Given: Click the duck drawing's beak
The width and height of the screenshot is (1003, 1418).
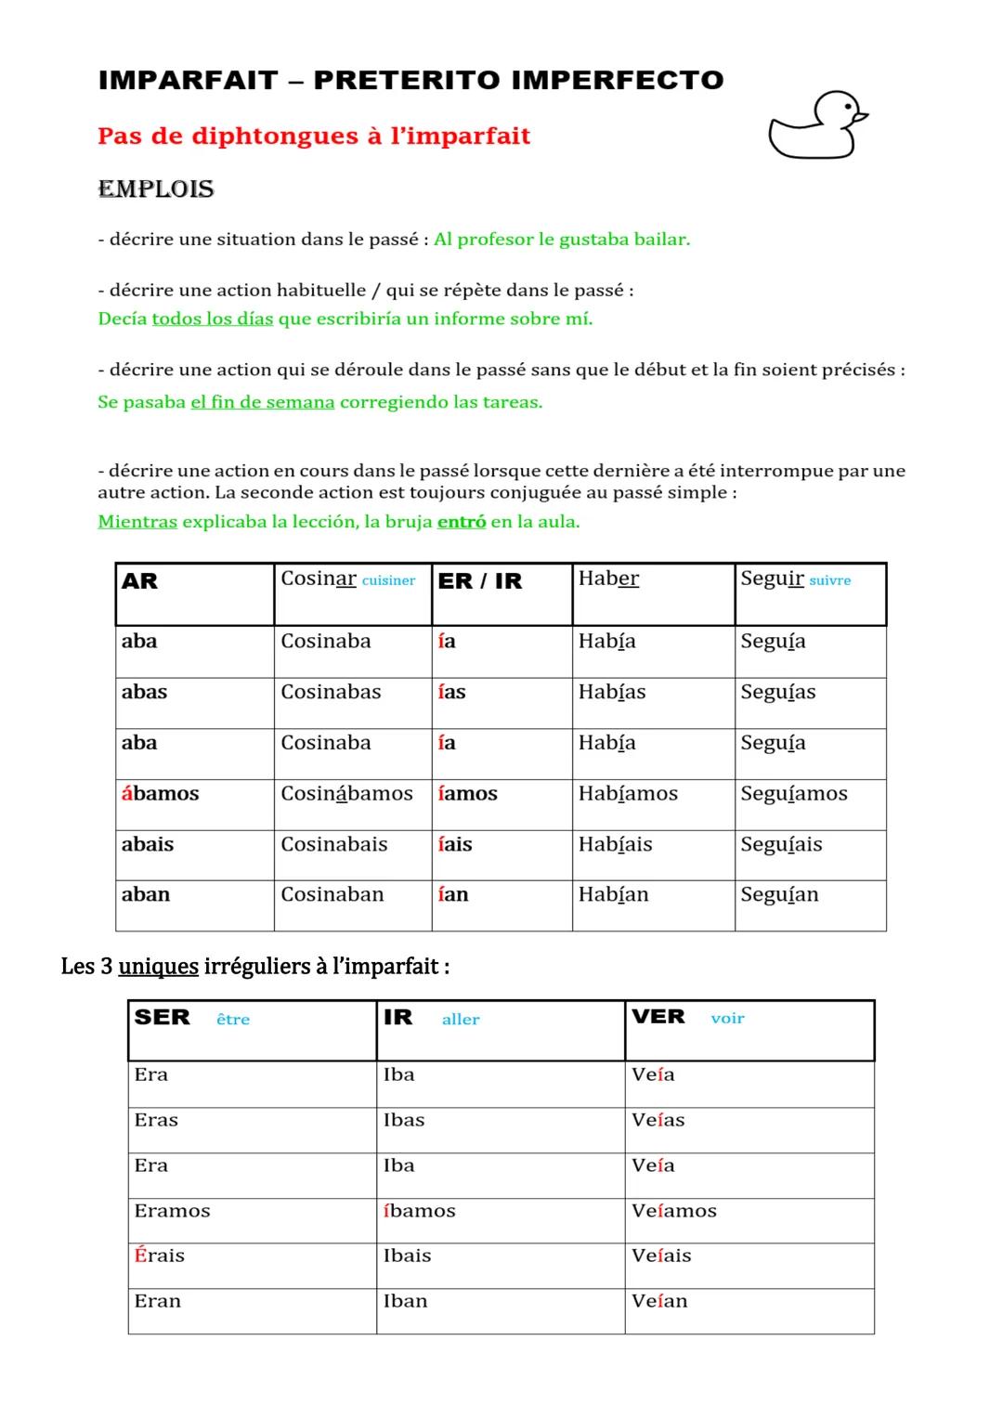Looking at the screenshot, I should click(x=861, y=117).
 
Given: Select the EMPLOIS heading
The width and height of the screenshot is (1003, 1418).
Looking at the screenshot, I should click(x=156, y=189).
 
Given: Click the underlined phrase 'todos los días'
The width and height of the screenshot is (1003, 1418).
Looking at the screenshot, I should click(x=213, y=319).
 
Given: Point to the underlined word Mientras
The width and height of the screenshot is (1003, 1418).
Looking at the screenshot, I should click(x=137, y=522).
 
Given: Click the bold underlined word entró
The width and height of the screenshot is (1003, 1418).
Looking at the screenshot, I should click(x=462, y=522).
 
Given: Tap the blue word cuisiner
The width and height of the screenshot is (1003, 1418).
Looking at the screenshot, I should click(x=388, y=581).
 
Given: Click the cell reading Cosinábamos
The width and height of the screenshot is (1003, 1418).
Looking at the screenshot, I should click(x=346, y=794).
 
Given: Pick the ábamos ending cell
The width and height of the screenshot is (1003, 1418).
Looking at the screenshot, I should click(x=160, y=794).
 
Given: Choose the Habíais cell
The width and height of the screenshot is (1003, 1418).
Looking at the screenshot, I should click(x=615, y=845).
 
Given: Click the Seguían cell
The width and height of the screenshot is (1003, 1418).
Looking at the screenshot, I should click(x=779, y=895).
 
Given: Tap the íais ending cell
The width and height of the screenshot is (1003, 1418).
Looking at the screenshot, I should click(x=455, y=845).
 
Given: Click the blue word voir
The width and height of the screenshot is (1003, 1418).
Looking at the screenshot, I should click(x=727, y=1019).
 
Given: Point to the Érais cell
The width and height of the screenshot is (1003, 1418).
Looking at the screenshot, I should click(x=160, y=1256).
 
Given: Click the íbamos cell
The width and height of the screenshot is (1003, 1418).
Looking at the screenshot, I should click(x=419, y=1211).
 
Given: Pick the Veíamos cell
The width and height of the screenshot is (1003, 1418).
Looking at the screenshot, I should click(x=674, y=1211).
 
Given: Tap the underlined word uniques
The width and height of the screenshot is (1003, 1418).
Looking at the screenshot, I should click(x=158, y=967).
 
